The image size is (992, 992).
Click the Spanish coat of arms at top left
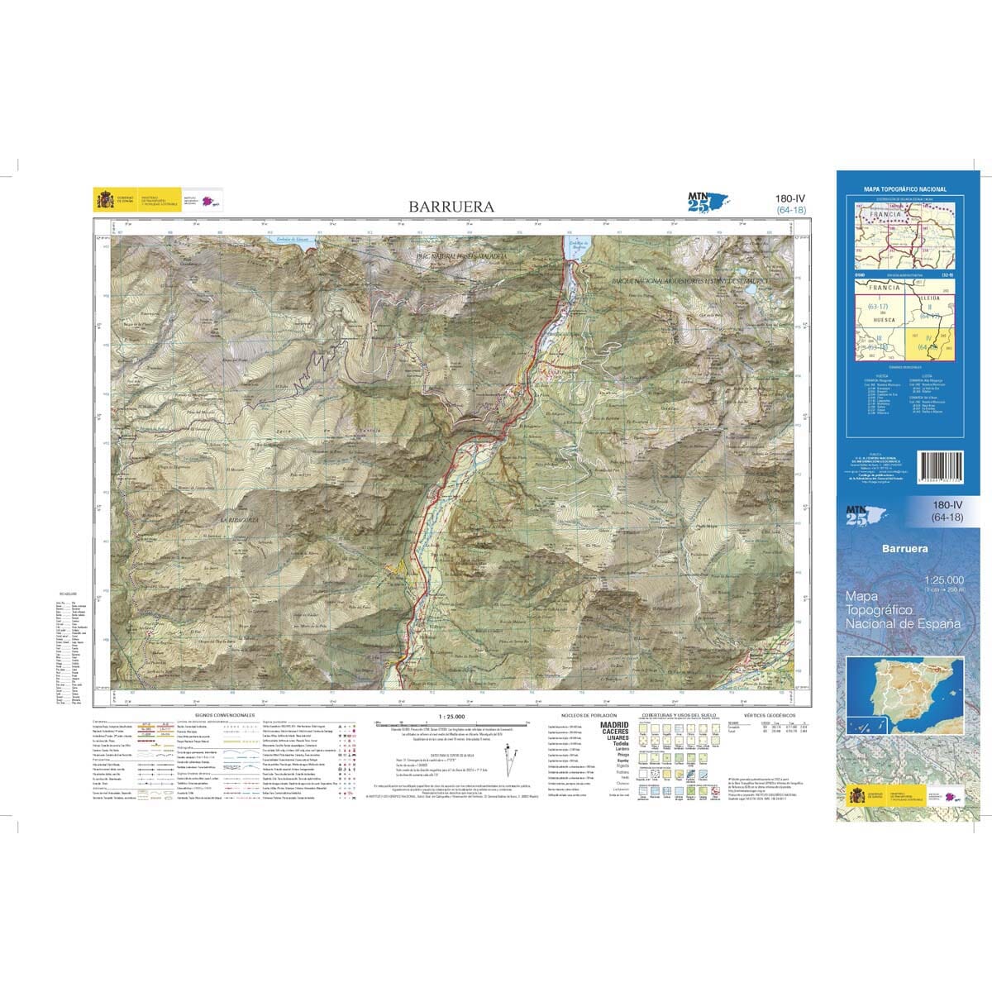pyautogui.click(x=106, y=200)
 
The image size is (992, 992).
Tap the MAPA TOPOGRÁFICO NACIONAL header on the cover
pyautogui.click(x=904, y=189)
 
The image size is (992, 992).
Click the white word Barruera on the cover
pyautogui.click(x=904, y=549)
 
